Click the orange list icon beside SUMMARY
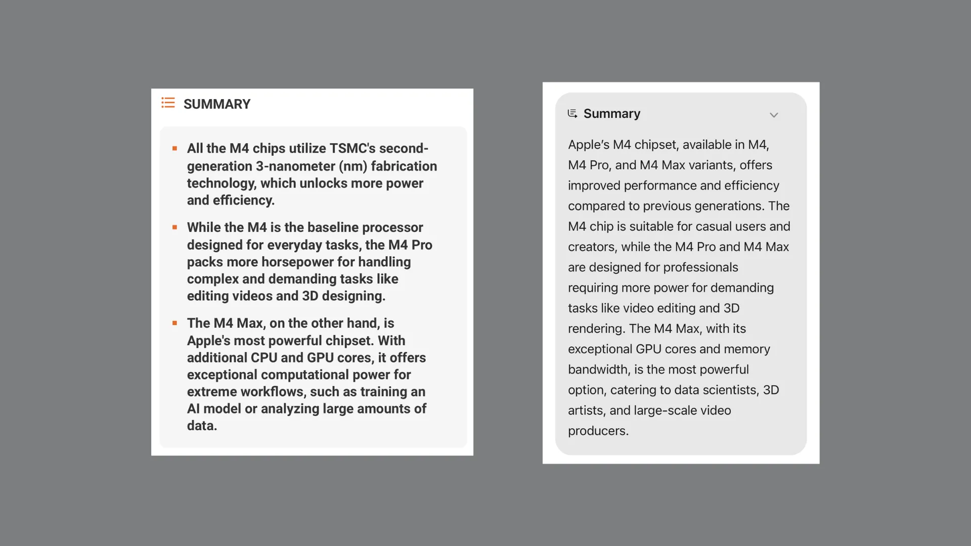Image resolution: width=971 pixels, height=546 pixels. coord(168,103)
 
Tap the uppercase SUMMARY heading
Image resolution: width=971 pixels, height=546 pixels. coord(217,104)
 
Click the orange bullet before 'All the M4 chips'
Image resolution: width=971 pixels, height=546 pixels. coord(174,149)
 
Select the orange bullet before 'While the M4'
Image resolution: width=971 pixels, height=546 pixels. coord(174,227)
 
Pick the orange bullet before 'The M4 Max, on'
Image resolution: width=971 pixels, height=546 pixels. coord(174,323)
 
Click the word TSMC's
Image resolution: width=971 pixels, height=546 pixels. coord(352,149)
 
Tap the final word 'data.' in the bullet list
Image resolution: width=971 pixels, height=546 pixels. coord(202,426)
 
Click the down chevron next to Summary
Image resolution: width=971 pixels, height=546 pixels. coord(774,115)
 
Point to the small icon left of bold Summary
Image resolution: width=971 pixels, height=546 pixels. coord(572,114)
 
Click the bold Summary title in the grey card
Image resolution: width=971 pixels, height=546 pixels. coord(612,114)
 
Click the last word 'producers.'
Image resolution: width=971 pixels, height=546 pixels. coord(598,431)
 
